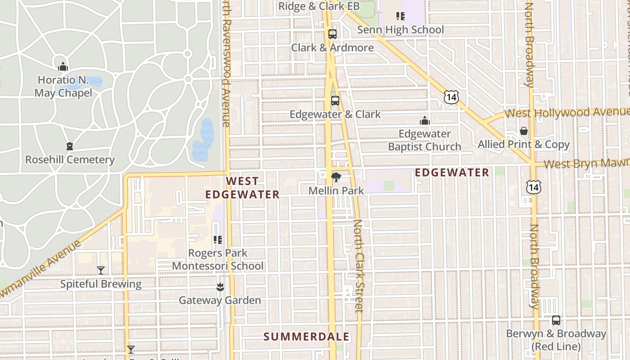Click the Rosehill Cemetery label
[x=70, y=160]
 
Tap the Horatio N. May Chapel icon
[x=63, y=67]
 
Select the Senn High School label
[x=400, y=30]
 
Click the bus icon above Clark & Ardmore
[x=333, y=34]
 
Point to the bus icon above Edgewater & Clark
[x=335, y=100]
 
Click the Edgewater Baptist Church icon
[x=424, y=121]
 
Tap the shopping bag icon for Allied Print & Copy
[x=524, y=131]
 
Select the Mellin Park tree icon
[x=336, y=177]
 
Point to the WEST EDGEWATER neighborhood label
[x=243, y=188]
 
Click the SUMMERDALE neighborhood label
[x=306, y=337]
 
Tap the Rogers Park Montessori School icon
[x=218, y=240]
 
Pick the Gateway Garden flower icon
[x=220, y=287]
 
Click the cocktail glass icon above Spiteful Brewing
[x=101, y=270]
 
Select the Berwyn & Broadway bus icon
[x=556, y=320]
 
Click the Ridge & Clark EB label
[x=319, y=6]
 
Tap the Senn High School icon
[x=400, y=17]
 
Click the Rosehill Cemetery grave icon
[x=70, y=146]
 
